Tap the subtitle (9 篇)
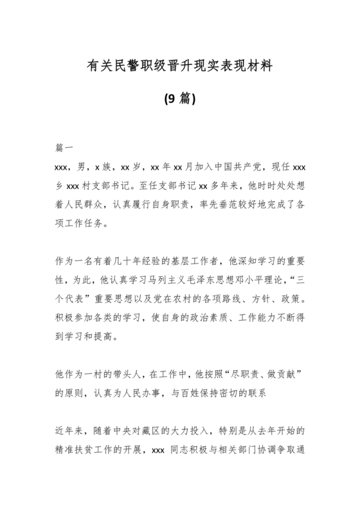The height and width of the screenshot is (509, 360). (x=180, y=98)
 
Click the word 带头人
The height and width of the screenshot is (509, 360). (x=122, y=373)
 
